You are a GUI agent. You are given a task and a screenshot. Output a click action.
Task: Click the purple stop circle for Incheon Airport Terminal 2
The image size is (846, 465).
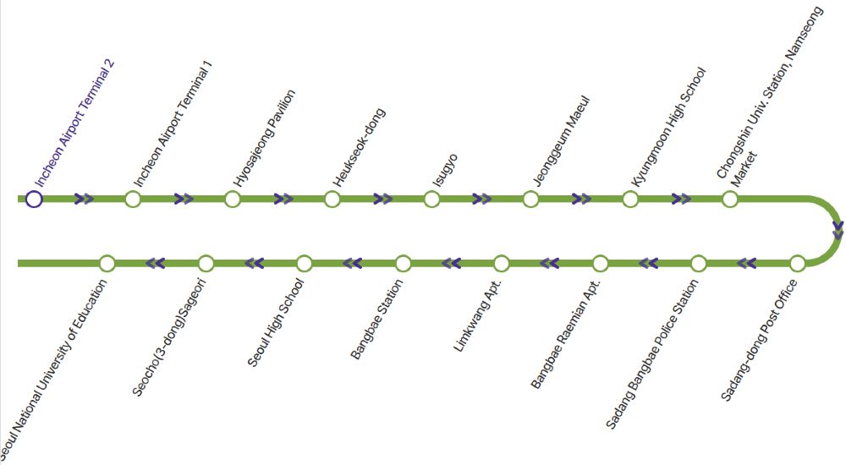[34, 200]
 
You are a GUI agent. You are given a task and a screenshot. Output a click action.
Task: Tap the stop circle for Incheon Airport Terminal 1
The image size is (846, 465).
[133, 200]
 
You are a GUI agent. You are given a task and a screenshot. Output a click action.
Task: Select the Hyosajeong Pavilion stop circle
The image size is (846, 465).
[233, 200]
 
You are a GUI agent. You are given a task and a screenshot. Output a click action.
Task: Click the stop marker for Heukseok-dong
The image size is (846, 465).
[332, 200]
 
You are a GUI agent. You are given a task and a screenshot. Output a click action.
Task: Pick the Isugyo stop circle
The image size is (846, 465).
[431, 200]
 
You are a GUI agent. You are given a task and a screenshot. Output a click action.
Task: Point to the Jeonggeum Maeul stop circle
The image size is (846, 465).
[530, 200]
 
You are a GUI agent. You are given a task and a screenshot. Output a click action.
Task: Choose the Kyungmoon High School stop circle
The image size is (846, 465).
[630, 200]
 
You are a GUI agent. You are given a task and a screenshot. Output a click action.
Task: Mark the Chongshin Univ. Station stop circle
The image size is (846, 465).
[730, 200]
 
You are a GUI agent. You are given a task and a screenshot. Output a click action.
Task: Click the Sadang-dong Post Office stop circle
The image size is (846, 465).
[797, 264]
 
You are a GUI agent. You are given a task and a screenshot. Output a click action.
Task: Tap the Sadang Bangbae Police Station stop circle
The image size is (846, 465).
[698, 264]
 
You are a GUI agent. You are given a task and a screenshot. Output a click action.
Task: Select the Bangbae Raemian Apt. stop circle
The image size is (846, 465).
[601, 264]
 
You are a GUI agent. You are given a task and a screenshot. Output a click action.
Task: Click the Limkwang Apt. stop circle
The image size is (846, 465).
[502, 264]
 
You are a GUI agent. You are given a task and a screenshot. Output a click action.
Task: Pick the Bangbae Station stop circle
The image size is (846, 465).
[404, 264]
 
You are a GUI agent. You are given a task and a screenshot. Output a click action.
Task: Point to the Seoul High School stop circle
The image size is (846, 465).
[305, 264]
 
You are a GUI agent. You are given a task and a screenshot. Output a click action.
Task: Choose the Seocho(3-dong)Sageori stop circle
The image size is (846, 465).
[206, 264]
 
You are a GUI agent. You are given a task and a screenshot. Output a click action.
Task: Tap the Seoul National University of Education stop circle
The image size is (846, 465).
[107, 264]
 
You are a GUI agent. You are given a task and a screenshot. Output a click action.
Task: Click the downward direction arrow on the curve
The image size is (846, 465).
[838, 229]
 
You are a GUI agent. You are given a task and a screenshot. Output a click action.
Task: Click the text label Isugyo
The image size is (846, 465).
[445, 170]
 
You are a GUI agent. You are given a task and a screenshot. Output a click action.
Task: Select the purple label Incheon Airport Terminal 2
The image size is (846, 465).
[74, 123]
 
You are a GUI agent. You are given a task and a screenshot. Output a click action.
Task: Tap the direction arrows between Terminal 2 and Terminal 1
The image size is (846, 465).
[84, 200]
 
